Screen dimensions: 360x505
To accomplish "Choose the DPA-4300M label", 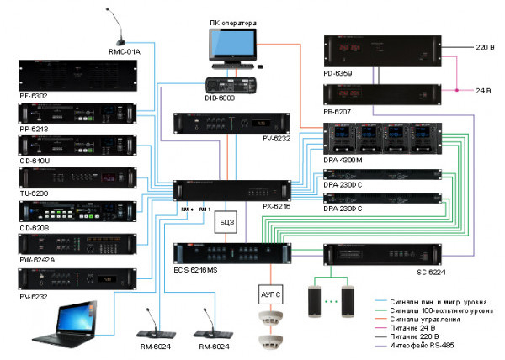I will coord(343,161).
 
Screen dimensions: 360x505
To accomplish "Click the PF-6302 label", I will coord(33,96).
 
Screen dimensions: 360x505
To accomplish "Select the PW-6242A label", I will coord(35,260).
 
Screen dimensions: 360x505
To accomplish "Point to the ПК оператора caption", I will coord(231,17).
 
